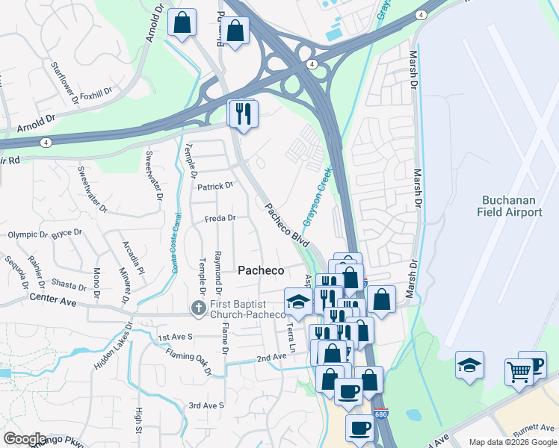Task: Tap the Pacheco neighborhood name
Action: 260,270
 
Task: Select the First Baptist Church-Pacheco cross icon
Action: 198,308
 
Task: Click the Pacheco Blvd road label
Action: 288,224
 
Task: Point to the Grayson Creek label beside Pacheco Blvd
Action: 317,197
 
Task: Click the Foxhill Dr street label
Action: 95,95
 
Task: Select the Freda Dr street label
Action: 220,219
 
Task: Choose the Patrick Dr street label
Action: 215,185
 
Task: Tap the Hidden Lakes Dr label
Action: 111,346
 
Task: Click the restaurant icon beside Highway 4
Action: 243,113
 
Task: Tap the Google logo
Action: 25,439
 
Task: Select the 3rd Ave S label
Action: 206,405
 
